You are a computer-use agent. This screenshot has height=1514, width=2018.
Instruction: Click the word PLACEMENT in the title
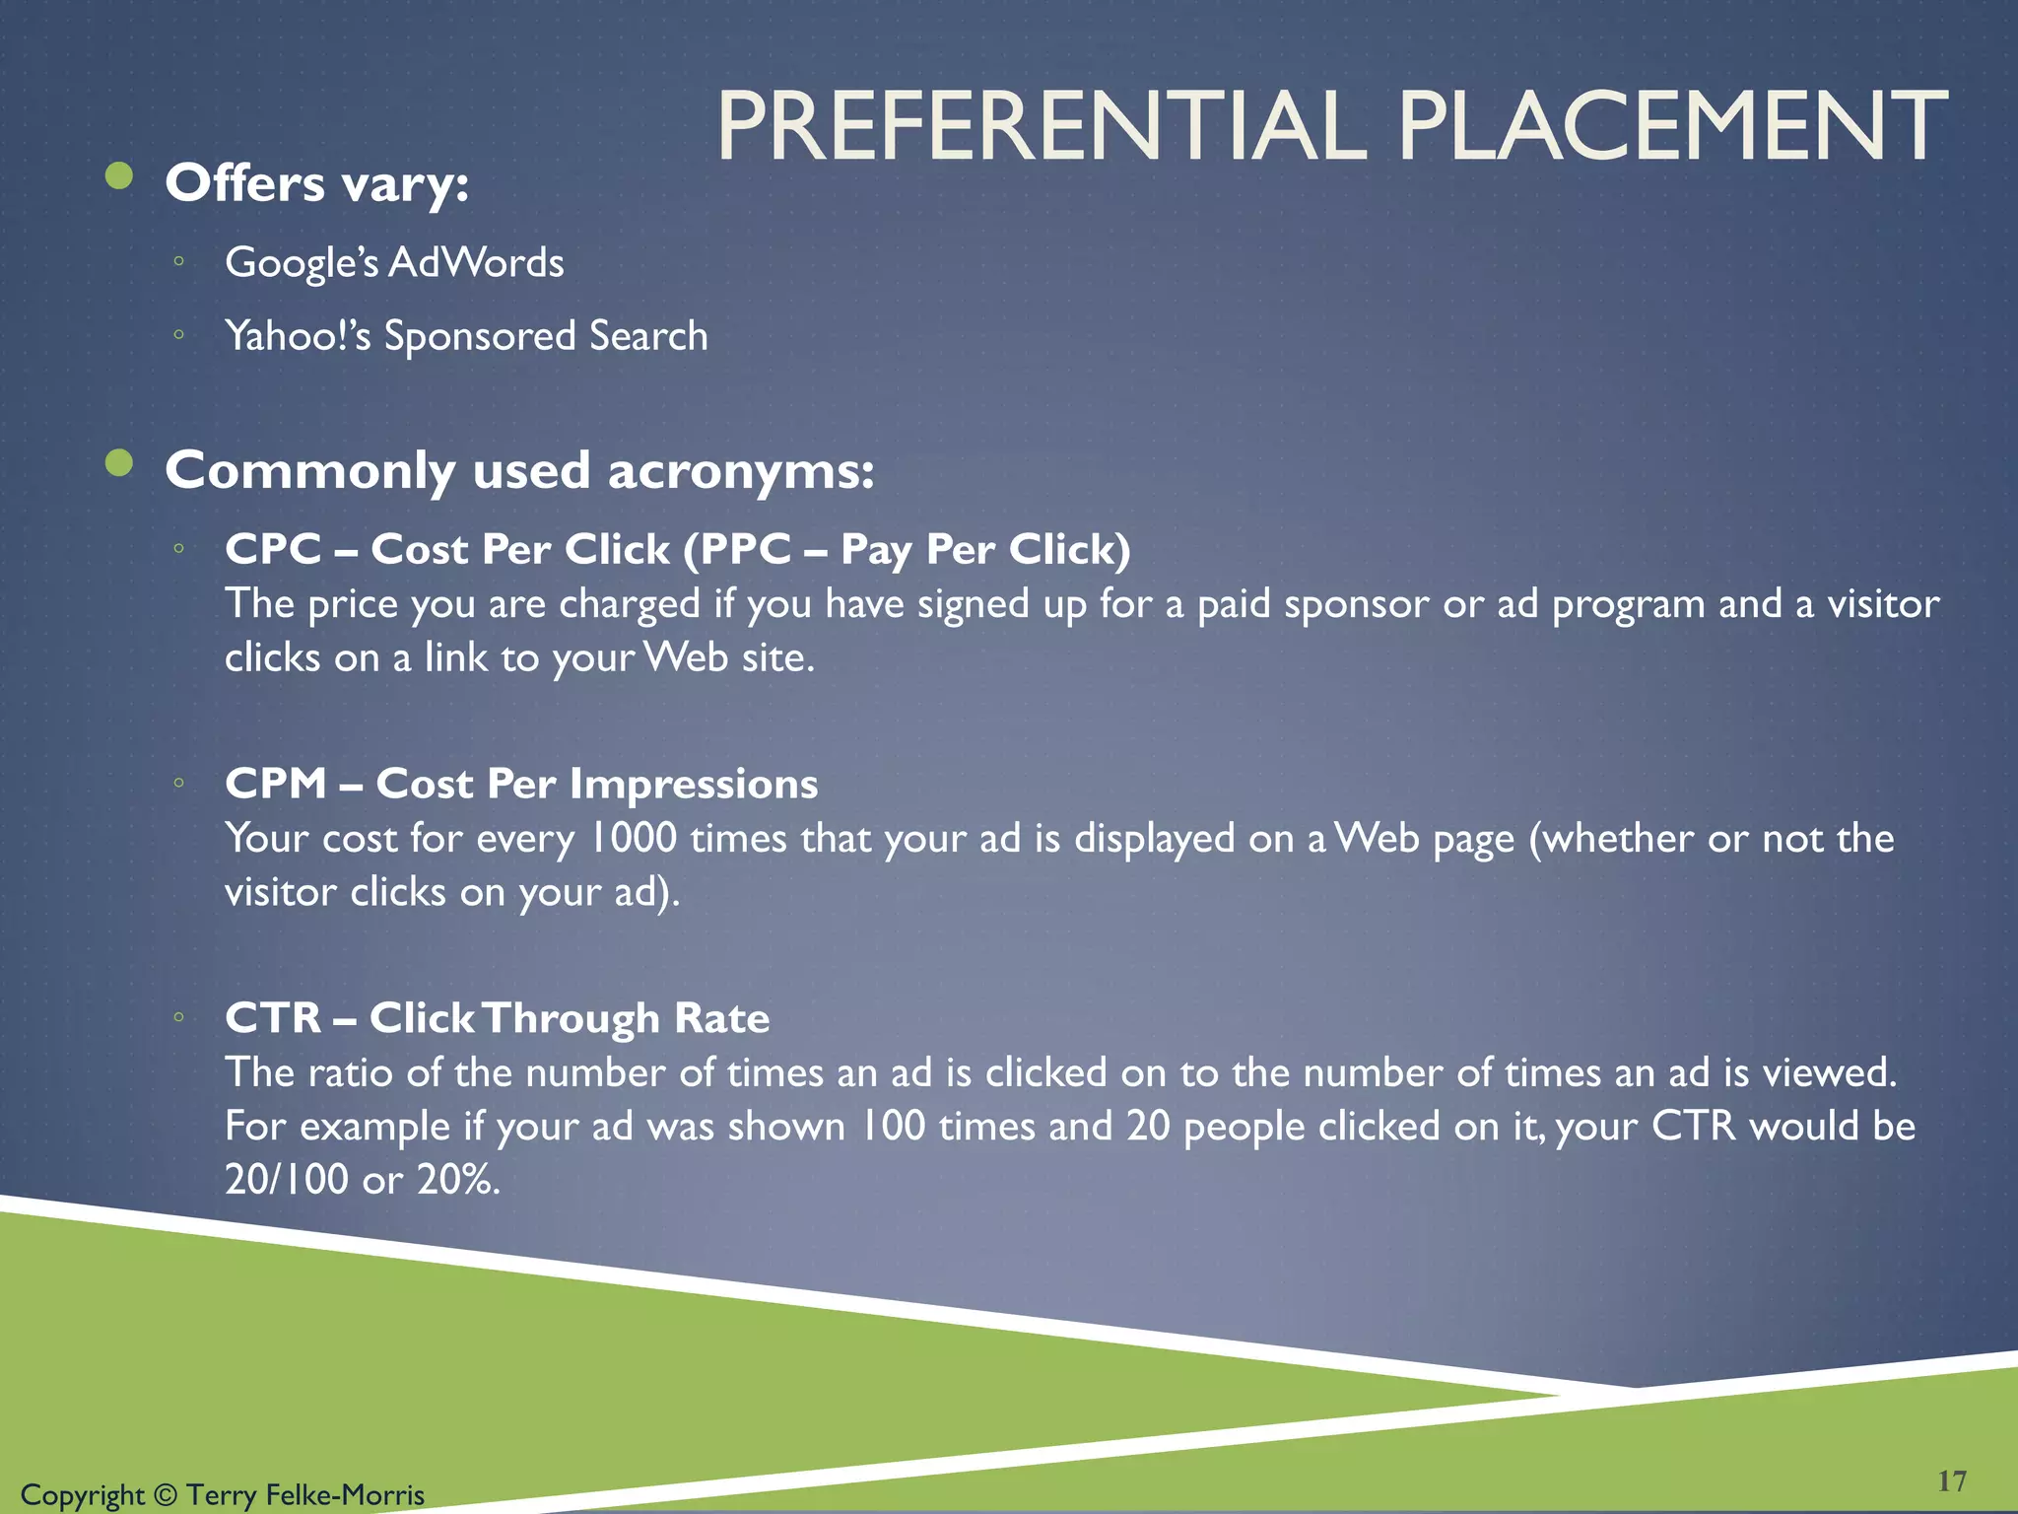click(x=1672, y=127)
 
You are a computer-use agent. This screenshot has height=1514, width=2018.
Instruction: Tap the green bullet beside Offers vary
click(x=119, y=176)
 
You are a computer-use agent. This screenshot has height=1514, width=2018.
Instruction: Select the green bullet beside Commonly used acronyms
click(x=119, y=463)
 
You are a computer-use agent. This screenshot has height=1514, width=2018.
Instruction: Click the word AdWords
click(x=477, y=263)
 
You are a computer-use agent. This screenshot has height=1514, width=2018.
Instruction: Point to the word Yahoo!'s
click(x=298, y=336)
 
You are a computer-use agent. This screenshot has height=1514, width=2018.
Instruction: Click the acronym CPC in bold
click(x=273, y=549)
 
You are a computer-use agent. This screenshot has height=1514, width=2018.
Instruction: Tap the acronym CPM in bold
click(x=275, y=784)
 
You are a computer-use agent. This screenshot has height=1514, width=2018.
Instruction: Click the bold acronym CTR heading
click(x=273, y=1018)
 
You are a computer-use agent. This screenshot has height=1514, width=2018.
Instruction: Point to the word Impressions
click(x=694, y=784)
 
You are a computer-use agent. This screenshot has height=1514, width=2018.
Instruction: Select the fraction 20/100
click(x=286, y=1180)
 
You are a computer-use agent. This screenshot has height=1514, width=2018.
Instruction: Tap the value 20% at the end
click(x=457, y=1180)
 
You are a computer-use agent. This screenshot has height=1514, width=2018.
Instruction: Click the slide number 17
click(x=1951, y=1481)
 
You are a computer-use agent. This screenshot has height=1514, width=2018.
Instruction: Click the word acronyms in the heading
click(x=740, y=471)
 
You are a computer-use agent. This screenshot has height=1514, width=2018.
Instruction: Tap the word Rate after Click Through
click(x=721, y=1018)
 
